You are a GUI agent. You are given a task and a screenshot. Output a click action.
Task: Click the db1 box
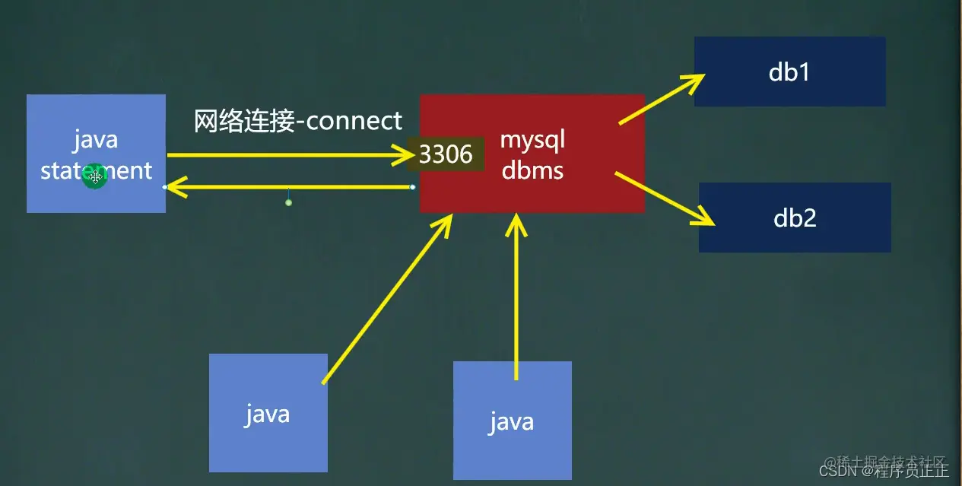pos(789,71)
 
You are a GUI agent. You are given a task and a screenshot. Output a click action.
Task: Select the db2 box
pos(795,218)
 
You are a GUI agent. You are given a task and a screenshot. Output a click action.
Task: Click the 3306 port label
pos(446,154)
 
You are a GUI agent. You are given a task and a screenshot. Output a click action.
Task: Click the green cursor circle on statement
pos(95,176)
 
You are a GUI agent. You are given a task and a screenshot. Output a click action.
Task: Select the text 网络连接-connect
pos(297,121)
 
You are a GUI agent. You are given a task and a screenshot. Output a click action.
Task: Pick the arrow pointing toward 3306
pos(289,155)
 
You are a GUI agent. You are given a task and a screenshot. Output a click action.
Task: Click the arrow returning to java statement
pos(289,186)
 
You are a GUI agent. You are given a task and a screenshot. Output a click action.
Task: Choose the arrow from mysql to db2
pos(663,199)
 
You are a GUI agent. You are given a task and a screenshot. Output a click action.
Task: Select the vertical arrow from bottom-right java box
pos(517,297)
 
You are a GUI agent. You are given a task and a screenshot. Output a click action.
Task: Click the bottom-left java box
pos(268,413)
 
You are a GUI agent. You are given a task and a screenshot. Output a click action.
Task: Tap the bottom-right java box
pos(512,421)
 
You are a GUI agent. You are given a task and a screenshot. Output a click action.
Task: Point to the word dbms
pos(532,170)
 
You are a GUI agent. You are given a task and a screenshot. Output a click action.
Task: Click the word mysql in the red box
pos(532,141)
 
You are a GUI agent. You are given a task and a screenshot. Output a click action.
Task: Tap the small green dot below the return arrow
pos(288,202)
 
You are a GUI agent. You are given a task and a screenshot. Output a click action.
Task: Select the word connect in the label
pos(354,121)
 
